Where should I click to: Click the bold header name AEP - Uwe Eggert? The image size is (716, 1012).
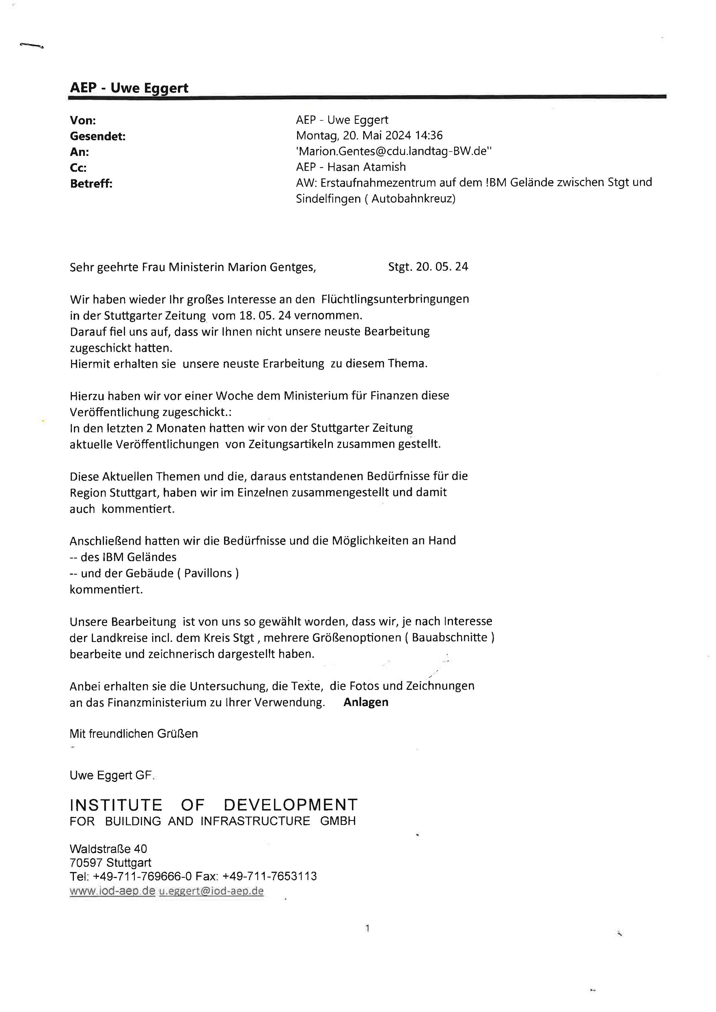(129, 88)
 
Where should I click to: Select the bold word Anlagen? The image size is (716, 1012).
(366, 702)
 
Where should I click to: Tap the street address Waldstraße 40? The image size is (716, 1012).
(108, 849)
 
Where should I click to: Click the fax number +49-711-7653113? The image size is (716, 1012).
(269, 876)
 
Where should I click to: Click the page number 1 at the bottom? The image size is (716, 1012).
(367, 929)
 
